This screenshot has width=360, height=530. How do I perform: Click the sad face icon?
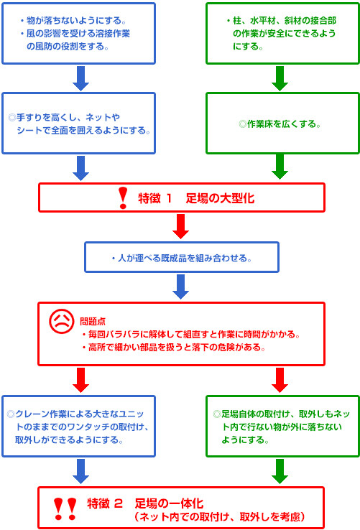tap(61, 321)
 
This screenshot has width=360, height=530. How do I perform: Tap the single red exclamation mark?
tap(123, 198)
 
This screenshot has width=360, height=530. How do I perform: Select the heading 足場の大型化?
tap(220, 198)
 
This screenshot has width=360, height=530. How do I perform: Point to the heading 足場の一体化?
tap(169, 503)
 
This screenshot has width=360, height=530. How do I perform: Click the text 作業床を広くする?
tap(282, 124)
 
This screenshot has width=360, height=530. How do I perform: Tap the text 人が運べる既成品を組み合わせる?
tap(183, 259)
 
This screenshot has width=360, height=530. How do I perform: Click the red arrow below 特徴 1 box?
tap(180, 226)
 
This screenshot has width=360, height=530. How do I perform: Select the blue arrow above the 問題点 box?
tap(180, 287)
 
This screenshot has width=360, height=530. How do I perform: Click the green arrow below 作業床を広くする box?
tap(280, 167)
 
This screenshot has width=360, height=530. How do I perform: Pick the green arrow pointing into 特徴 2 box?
tap(280, 471)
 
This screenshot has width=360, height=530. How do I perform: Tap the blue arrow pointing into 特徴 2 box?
tap(81, 471)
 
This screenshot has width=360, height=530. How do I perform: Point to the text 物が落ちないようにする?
tap(74, 21)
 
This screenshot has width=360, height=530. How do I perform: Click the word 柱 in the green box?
tap(237, 21)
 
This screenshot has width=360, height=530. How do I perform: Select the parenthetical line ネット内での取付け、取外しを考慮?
tap(220, 517)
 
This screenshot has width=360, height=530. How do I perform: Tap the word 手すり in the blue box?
tap(29, 117)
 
